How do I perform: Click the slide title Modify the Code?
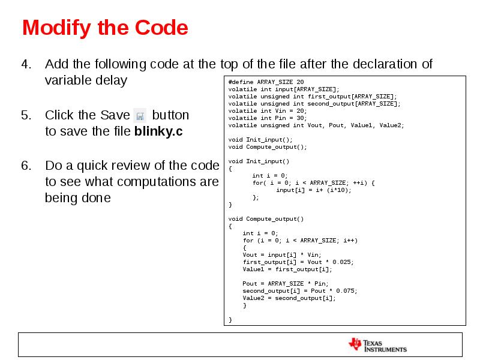click(x=105, y=28)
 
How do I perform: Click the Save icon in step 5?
click(x=140, y=115)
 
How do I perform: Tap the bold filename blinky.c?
click(x=158, y=131)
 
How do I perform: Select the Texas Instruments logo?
click(x=377, y=344)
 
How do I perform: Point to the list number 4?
click(x=26, y=64)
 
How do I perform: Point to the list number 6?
click(x=26, y=165)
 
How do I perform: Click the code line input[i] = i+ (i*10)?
click(x=313, y=190)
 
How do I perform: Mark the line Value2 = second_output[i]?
click(x=289, y=298)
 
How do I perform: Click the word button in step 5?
click(x=170, y=115)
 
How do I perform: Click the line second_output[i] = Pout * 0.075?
click(x=300, y=291)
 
